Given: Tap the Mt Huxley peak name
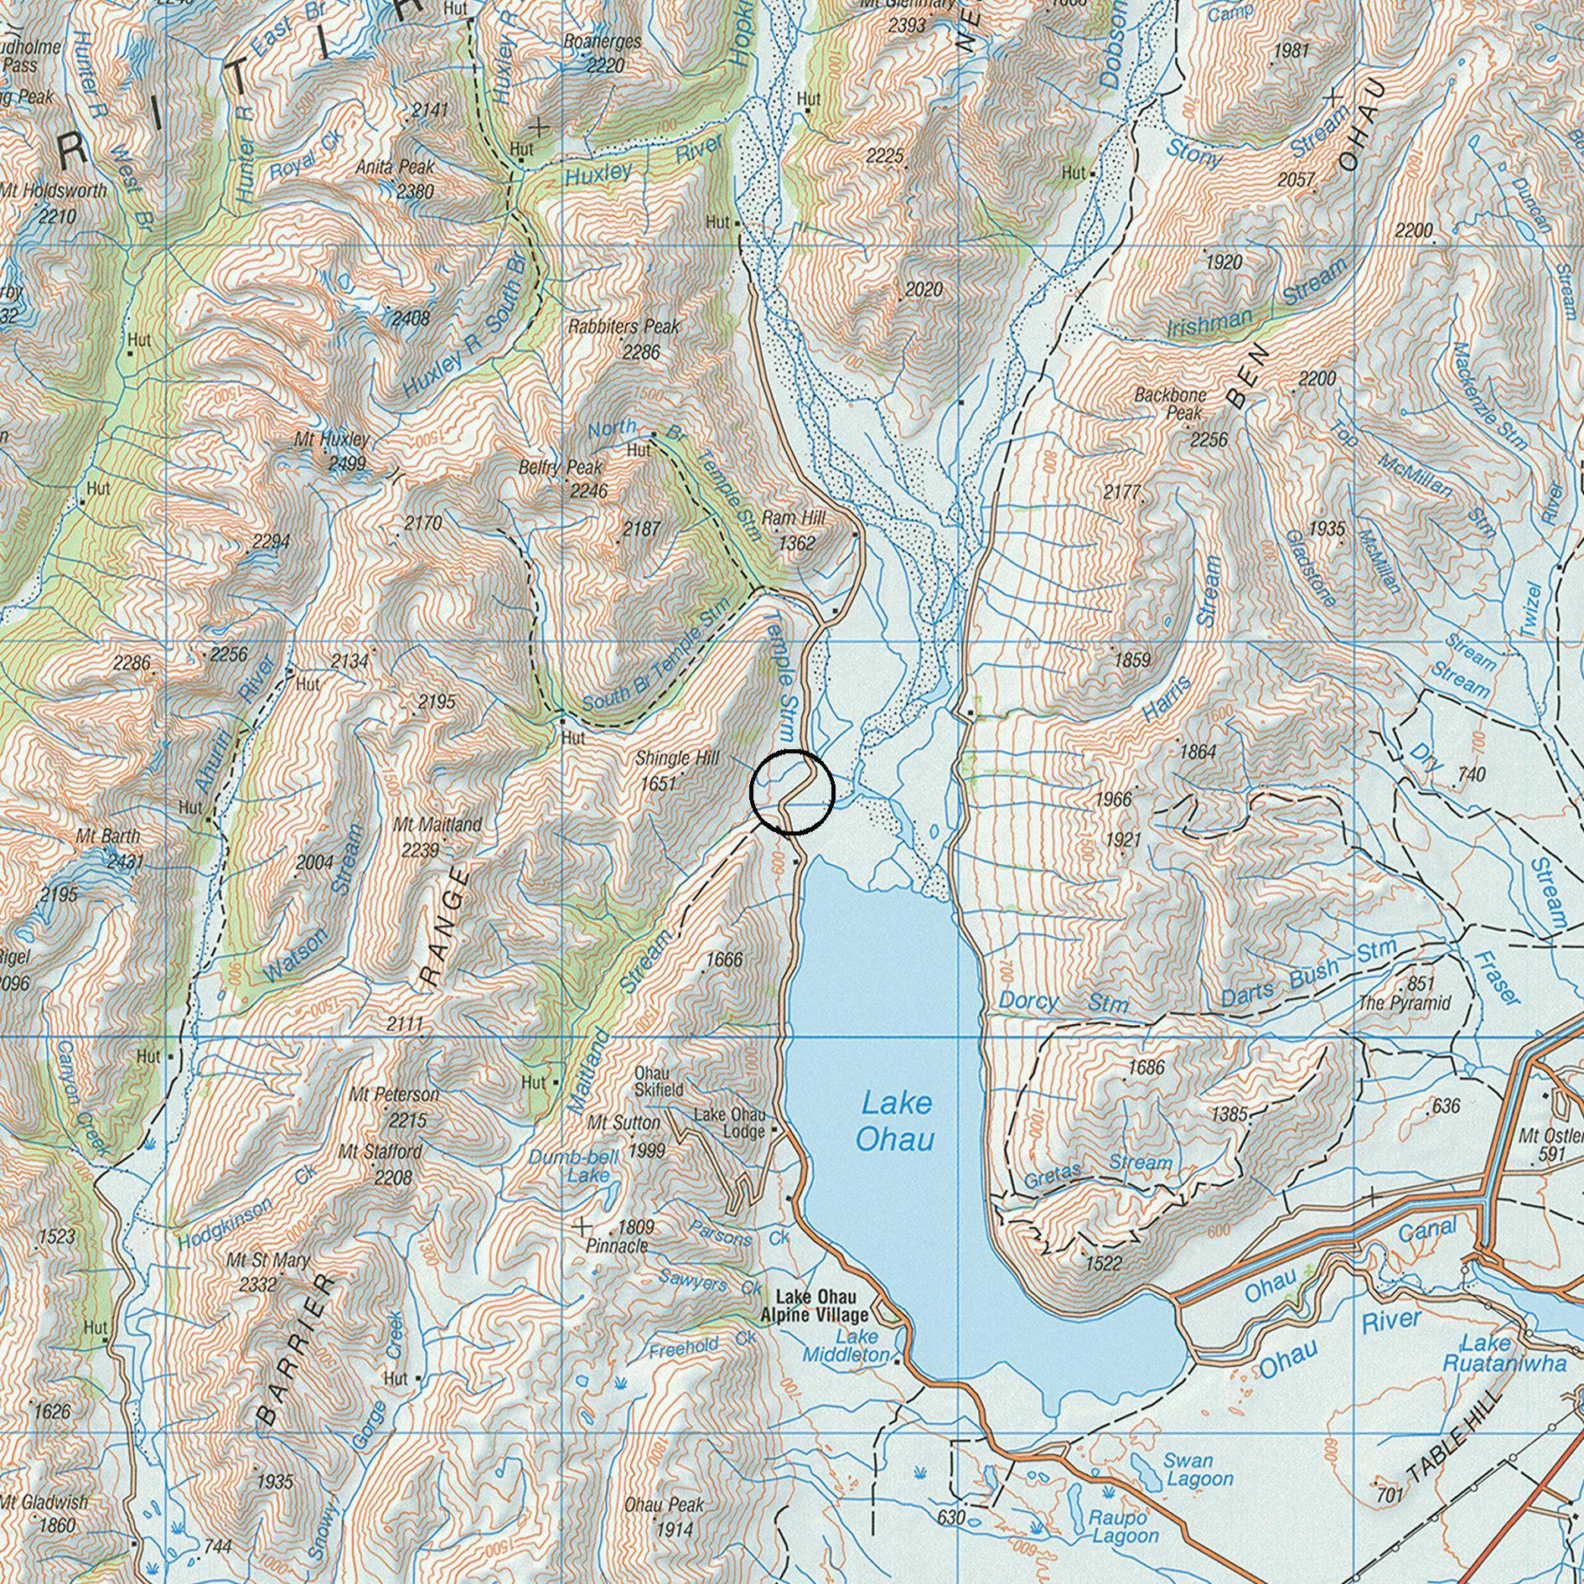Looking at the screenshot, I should tap(331, 439).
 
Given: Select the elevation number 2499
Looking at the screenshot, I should tap(346, 463).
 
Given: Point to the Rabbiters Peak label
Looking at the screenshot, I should tap(624, 326).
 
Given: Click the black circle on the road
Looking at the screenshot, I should tap(792, 792).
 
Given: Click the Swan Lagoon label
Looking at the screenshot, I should tap(1198, 1470).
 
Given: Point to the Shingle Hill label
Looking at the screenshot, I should tap(677, 758).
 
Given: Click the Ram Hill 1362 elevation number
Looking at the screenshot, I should tap(796, 543).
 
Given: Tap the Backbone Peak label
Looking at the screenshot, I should tap(1171, 403).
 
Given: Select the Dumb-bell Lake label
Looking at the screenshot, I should tap(574, 1166).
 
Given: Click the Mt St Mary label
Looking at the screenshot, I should tap(267, 1260).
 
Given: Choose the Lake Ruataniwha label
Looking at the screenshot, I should tap(1504, 1353).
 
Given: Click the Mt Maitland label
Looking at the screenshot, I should tap(437, 825).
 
